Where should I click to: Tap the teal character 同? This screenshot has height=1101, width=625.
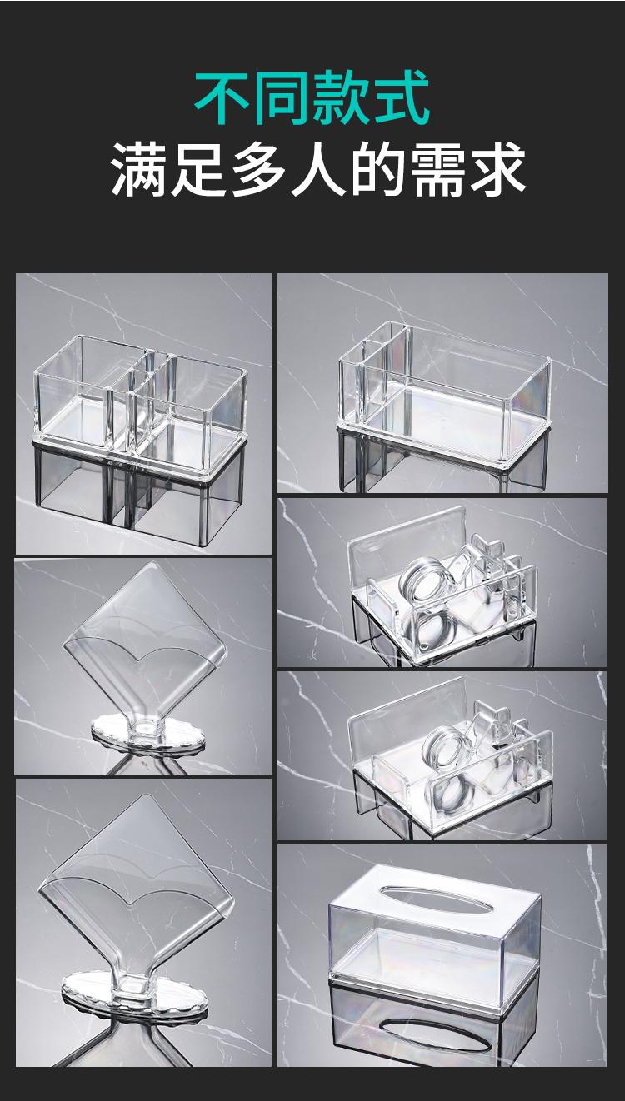click(282, 97)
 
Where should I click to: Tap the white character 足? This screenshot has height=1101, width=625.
click(199, 170)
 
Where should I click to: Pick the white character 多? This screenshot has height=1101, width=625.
click(258, 170)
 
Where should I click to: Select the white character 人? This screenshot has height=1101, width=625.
click(317, 170)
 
